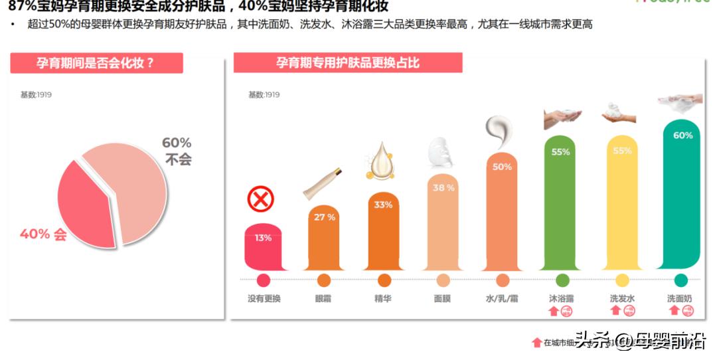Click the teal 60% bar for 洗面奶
(682, 199)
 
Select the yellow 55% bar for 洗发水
(622, 206)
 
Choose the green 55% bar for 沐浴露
(561, 206)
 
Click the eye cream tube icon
(323, 183)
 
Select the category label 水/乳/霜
(502, 299)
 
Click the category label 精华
(383, 299)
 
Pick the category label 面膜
(442, 299)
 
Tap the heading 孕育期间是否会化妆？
(97, 63)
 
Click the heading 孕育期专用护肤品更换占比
(347, 63)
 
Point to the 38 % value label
(443, 188)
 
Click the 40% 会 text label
(43, 234)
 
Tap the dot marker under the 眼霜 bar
(324, 280)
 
